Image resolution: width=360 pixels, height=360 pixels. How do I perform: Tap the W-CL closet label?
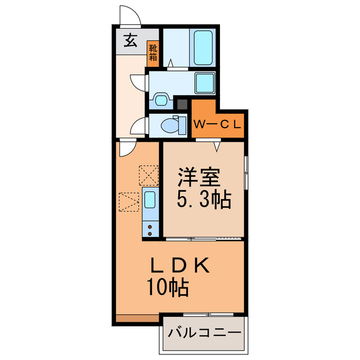tap(218, 124)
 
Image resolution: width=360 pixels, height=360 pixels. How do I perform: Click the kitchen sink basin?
tap(150, 200)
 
